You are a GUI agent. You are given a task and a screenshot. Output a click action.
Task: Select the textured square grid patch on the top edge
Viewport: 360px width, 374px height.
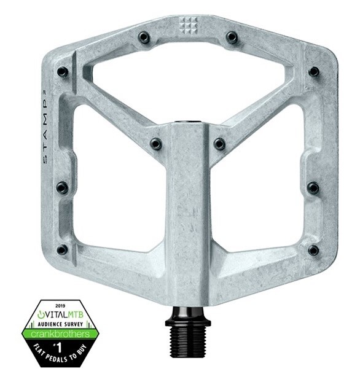187,24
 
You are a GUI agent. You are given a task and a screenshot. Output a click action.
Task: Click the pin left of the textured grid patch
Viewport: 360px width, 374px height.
144,37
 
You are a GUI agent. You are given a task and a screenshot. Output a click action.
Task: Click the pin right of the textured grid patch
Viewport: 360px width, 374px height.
231,37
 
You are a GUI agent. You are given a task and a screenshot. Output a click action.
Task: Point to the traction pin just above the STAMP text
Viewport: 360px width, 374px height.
63,72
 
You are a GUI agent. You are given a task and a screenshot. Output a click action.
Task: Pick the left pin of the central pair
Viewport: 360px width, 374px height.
156,144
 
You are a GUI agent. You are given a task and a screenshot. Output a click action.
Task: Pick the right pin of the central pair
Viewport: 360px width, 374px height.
219,144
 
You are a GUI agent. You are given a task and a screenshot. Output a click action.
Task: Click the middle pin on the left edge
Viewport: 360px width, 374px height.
62,187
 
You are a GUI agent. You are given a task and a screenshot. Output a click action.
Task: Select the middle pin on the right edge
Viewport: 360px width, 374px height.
313,187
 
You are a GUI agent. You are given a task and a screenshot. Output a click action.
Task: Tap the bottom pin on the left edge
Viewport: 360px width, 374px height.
62,249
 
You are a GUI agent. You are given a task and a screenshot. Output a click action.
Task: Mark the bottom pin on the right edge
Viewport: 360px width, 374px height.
313,250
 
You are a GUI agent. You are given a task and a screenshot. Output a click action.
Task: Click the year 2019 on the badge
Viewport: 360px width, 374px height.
60,304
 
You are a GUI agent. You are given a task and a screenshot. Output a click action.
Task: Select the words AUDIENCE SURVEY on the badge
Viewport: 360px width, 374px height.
60,322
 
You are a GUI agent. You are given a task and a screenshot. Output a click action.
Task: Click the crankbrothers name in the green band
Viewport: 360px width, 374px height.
60,333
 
